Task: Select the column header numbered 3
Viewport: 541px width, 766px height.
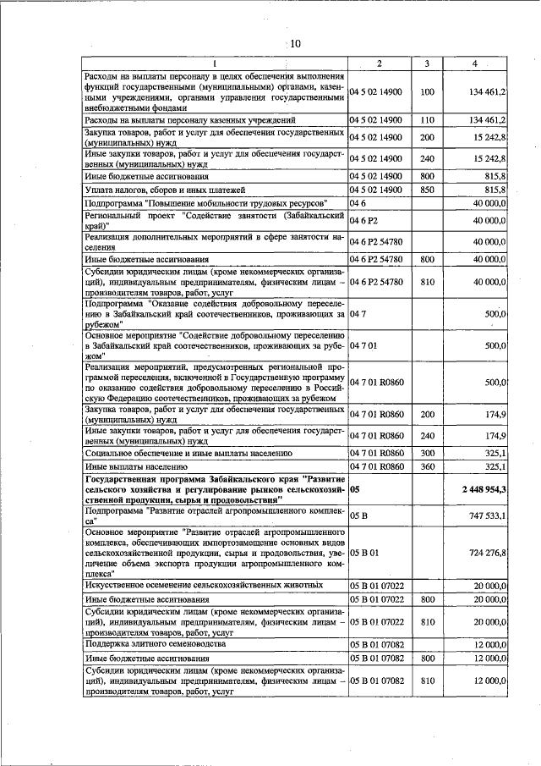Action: pyautogui.click(x=427, y=64)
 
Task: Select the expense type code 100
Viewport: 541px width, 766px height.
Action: pyautogui.click(x=427, y=91)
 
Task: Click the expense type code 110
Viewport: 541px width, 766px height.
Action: pyautogui.click(x=427, y=120)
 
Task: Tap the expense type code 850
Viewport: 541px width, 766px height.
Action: pyautogui.click(x=427, y=190)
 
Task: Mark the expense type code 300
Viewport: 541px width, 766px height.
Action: pyautogui.click(x=427, y=453)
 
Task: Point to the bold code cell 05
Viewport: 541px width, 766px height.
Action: pyautogui.click(x=354, y=489)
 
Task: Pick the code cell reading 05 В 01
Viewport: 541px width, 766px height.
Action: pyautogui.click(x=363, y=553)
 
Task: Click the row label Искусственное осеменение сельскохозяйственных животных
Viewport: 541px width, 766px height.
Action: pyautogui.click(x=204, y=585)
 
